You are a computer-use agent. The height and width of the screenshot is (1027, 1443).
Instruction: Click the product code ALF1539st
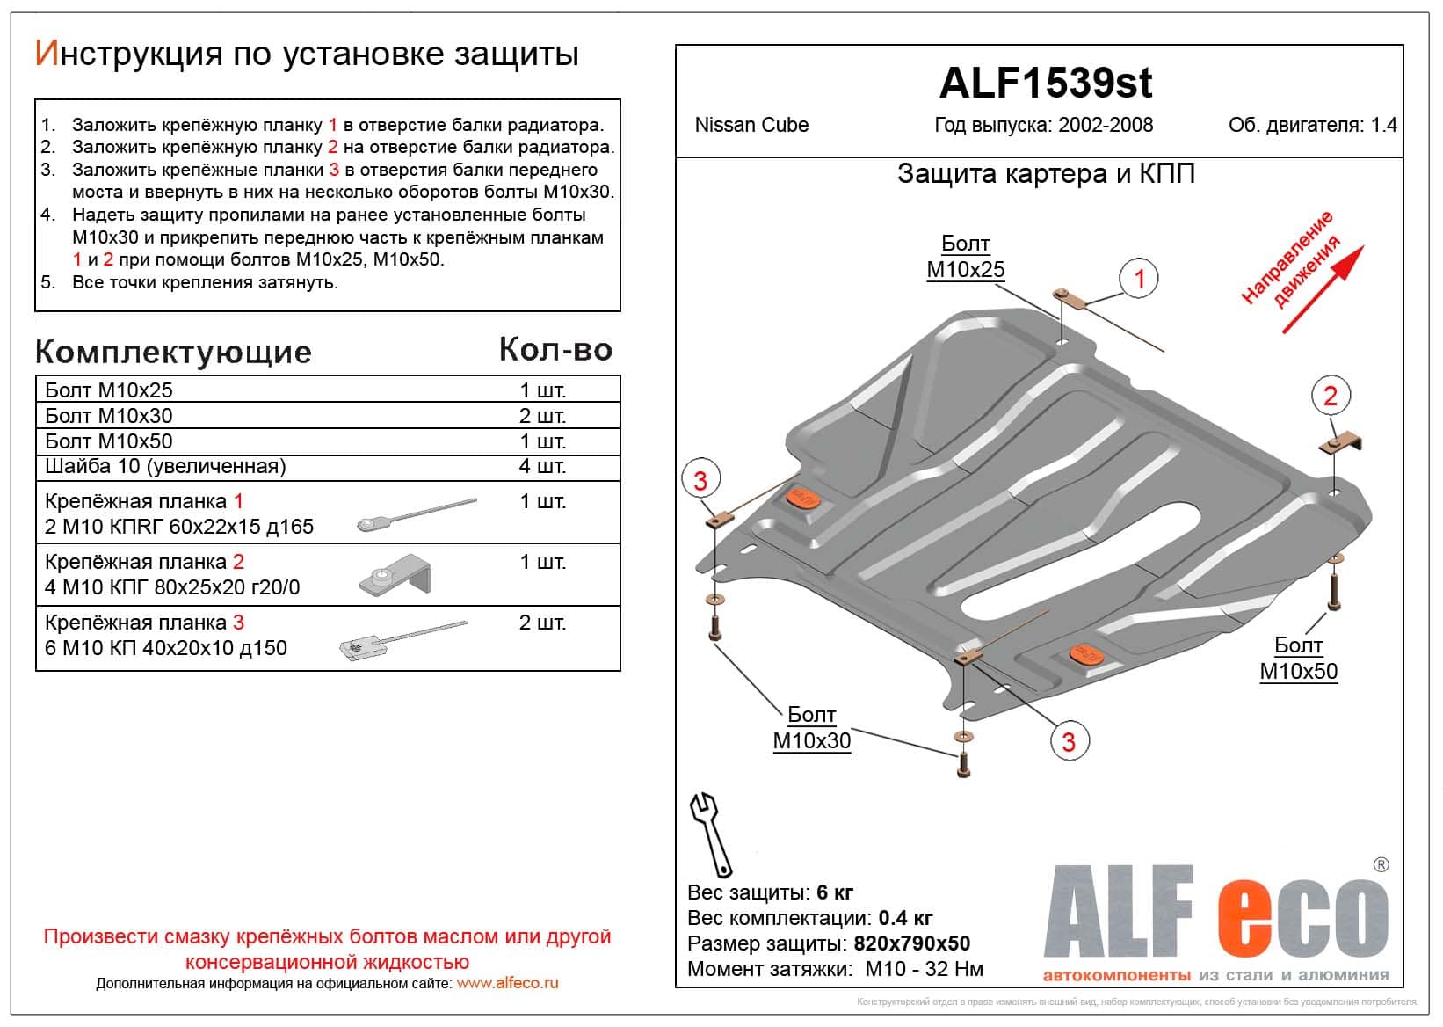pyautogui.click(x=1045, y=84)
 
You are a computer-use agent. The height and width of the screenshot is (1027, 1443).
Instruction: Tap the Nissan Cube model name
pyautogui.click(x=751, y=125)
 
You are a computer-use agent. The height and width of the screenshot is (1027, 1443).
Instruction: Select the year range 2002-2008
pyautogui.click(x=1106, y=125)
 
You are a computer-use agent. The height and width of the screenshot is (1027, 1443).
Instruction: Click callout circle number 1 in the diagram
pyautogui.click(x=1139, y=280)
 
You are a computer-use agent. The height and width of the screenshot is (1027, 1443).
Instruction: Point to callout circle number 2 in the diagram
pyautogui.click(x=1330, y=396)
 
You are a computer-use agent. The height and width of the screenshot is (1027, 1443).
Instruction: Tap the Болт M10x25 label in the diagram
pyautogui.click(x=965, y=257)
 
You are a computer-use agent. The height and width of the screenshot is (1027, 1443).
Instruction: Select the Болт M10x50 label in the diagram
pyautogui.click(x=1298, y=659)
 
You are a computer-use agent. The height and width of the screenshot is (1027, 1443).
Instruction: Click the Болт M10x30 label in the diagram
pyautogui.click(x=811, y=728)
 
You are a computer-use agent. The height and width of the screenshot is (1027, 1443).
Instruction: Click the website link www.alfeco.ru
pyautogui.click(x=507, y=984)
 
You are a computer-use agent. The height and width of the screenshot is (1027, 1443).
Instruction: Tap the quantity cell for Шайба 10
pyautogui.click(x=542, y=466)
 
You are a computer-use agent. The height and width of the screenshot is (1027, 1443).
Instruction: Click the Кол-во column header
pyautogui.click(x=555, y=350)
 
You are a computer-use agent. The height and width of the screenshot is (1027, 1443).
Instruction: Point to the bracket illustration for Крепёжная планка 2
pyautogui.click(x=395, y=575)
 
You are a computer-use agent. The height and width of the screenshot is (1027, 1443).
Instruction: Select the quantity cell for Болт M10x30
pyautogui.click(x=542, y=416)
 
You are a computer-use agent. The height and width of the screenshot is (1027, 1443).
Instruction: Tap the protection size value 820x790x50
pyautogui.click(x=911, y=943)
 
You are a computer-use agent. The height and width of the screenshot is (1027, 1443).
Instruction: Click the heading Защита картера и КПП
pyautogui.click(x=1045, y=174)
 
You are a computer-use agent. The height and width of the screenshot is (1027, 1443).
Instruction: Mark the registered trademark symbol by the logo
pyautogui.click(x=1381, y=864)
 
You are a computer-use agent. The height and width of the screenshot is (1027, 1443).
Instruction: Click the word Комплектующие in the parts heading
pyautogui.click(x=173, y=352)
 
